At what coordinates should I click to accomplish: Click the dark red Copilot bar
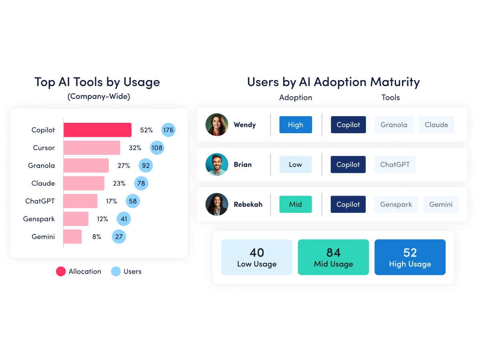pos(97,130)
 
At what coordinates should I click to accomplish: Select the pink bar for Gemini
pos(72,236)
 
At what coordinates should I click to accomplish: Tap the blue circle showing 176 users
pos(168,130)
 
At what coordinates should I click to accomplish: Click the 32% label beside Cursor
pos(135,148)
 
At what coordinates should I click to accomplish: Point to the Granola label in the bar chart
pos(41,166)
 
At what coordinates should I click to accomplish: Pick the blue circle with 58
pos(133,201)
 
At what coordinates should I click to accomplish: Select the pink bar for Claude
pos(84,183)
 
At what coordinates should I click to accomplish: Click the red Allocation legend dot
pos(61,272)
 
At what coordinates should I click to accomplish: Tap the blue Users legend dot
pos(116,272)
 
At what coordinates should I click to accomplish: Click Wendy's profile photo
pos(217,125)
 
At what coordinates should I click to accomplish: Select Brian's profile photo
pos(217,164)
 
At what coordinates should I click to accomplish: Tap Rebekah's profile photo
pos(217,204)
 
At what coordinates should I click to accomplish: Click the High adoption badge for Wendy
pos(295,125)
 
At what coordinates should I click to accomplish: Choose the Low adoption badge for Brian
pos(295,164)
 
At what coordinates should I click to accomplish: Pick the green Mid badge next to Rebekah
pos(295,204)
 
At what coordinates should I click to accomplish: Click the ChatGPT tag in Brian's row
pos(395,164)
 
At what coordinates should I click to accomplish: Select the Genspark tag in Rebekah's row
pos(396,204)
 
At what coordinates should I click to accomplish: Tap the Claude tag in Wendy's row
pos(436,125)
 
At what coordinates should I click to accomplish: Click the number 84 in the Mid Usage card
pos(333,253)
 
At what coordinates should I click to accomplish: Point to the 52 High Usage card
pos(410,257)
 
